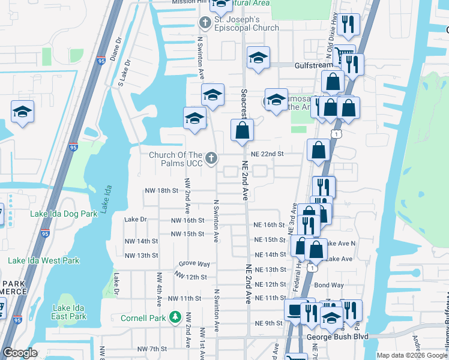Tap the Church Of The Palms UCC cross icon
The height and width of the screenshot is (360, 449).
pos(211,158)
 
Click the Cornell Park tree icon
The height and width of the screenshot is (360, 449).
pos(175,316)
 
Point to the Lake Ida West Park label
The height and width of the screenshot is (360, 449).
pos(43,260)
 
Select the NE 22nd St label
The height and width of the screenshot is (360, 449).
pos(267,154)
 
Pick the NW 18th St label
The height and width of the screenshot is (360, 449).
pos(161,190)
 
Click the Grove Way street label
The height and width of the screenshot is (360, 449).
pos(194,264)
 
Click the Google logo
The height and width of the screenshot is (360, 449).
pos(20,353)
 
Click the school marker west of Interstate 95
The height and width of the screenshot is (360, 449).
pos(22,112)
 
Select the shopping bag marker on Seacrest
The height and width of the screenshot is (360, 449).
pos(242,130)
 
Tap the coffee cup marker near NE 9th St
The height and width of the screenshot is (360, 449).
pos(295,311)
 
